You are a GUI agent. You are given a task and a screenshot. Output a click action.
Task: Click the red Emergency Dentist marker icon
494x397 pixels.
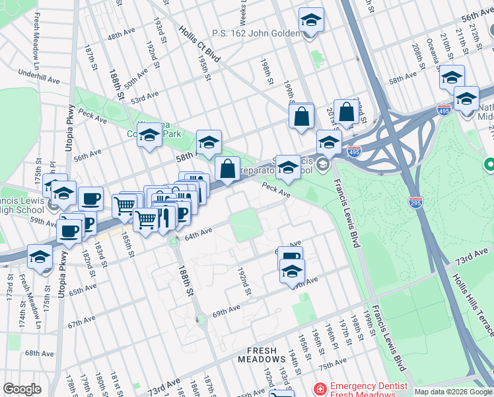[320, 388]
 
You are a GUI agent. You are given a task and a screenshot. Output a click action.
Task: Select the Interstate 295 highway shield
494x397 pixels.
[415, 201]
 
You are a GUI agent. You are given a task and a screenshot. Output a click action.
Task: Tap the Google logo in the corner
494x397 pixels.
[22, 389]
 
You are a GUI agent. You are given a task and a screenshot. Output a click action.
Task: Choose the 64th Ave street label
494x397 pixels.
[197, 233]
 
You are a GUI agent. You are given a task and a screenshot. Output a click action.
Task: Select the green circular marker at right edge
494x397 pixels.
[489, 163]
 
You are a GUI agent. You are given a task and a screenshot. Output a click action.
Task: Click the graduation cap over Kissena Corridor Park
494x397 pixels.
[149, 135]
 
